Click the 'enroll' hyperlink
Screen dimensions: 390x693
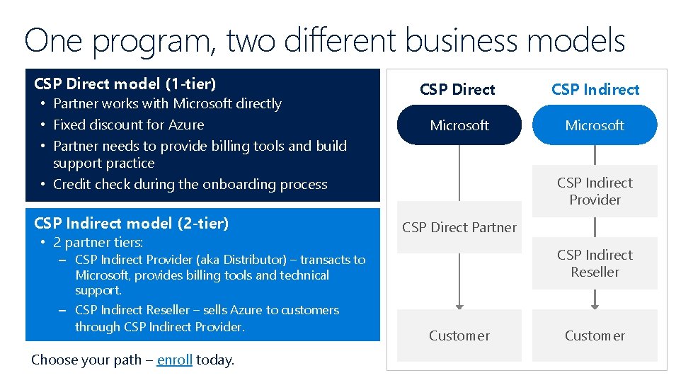pyautogui.click(x=174, y=360)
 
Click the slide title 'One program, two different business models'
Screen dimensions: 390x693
pyautogui.click(x=324, y=40)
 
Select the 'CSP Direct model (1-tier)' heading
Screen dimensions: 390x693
pyautogui.click(x=125, y=84)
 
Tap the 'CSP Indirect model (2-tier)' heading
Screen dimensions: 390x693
pyautogui.click(x=131, y=223)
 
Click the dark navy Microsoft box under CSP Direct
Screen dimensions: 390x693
pyautogui.click(x=459, y=125)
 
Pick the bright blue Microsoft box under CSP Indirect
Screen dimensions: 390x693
pyautogui.click(x=595, y=125)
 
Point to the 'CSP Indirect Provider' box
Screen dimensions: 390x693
pyautogui.click(x=595, y=191)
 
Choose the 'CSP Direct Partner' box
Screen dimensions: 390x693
pyautogui.click(x=459, y=227)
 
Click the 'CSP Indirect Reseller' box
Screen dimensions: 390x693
pyautogui.click(x=595, y=263)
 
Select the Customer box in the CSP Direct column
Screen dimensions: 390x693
pyautogui.click(x=459, y=335)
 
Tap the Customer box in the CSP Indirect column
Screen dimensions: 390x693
pyautogui.click(x=595, y=335)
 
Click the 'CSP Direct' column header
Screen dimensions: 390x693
pyautogui.click(x=457, y=89)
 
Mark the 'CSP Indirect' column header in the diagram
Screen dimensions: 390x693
pyautogui.click(x=595, y=89)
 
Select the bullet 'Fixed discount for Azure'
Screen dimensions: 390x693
pyautogui.click(x=128, y=125)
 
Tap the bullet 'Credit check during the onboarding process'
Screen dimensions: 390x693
pyautogui.click(x=190, y=184)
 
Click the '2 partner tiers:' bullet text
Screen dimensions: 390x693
pyautogui.click(x=98, y=242)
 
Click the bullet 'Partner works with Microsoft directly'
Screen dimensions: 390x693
pyautogui.click(x=167, y=103)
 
